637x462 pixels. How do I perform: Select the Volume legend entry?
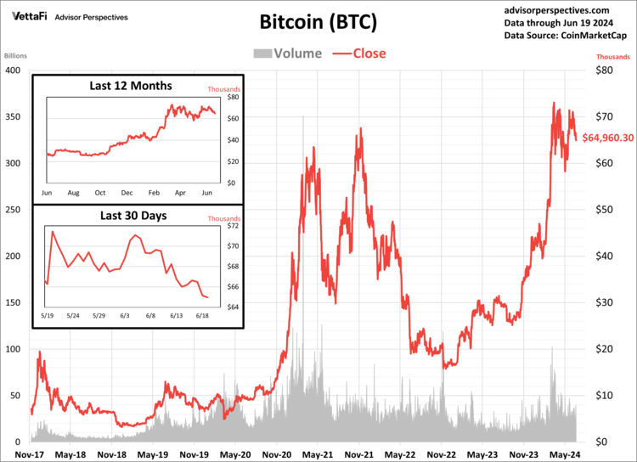pos(288,54)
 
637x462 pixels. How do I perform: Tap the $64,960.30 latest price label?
pos(606,138)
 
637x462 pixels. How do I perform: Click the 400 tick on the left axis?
pos(12,70)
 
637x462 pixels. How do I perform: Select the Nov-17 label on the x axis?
pos(31,454)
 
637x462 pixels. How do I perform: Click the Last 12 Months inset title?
pos(131,86)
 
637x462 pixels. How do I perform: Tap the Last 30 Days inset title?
pos(130,216)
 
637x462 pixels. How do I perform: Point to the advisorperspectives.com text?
pos(564,9)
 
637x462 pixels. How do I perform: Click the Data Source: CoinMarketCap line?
pos(564,36)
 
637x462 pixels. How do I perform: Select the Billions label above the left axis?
pos(16,56)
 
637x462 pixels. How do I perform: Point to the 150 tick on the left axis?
pos(12,302)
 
